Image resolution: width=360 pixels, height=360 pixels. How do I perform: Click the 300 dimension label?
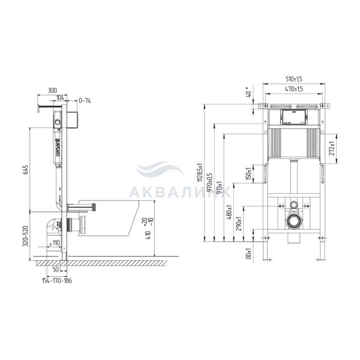click(51, 90)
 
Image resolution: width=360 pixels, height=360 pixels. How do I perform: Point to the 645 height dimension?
click(26, 169)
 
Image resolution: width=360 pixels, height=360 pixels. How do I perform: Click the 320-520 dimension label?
click(26, 236)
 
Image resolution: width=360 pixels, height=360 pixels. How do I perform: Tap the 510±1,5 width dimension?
click(294, 79)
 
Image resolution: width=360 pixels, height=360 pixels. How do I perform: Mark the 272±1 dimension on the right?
click(332, 148)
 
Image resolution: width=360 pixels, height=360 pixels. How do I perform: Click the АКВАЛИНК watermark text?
click(180, 192)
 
